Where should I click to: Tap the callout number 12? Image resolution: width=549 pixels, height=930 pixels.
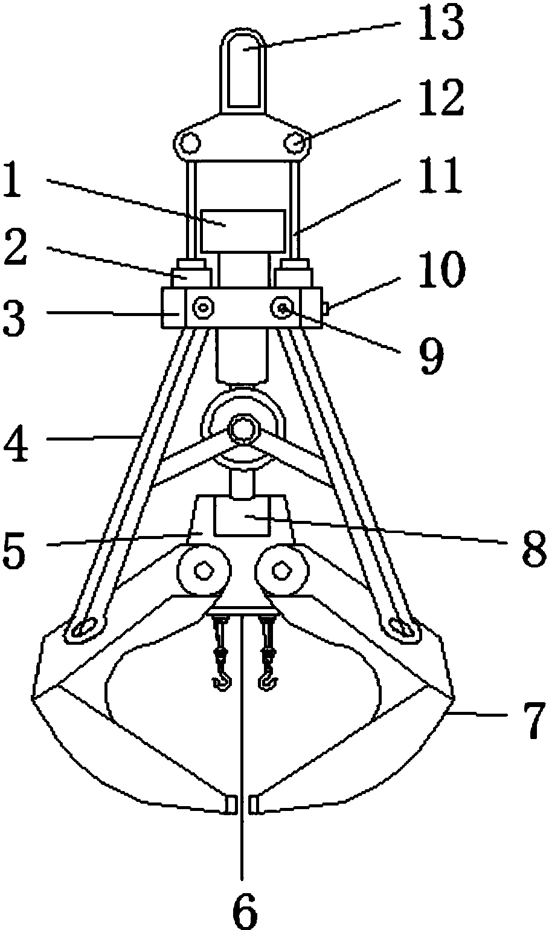point(441,98)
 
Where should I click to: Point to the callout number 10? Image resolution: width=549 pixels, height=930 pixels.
point(441,270)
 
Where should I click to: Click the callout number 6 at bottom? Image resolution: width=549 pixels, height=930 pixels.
point(245,910)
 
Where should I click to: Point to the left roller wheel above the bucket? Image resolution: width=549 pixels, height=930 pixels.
point(204,571)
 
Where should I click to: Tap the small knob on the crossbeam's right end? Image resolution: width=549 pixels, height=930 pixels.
point(326,308)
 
